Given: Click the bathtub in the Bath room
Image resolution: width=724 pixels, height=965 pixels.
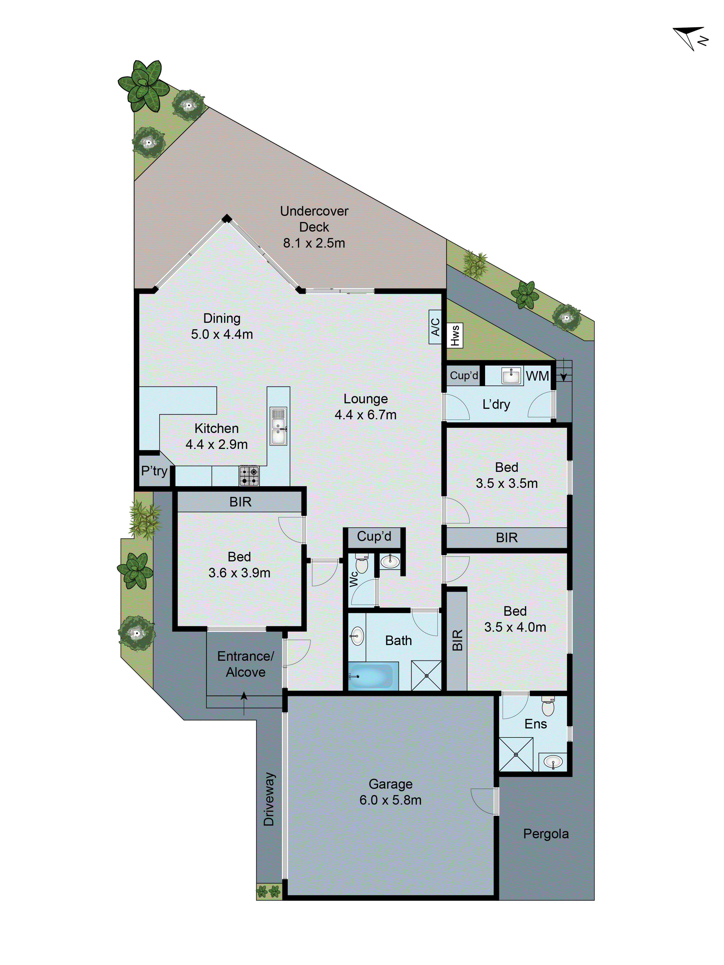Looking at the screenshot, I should pos(373,676).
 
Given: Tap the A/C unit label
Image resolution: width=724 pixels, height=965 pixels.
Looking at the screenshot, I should pos(435,327).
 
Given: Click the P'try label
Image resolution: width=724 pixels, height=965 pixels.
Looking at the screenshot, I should pos(154,471).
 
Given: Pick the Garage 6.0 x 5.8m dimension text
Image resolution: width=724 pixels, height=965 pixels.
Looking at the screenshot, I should pos(390,800).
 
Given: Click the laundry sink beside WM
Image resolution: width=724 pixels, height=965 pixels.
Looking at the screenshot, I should pos(511,376).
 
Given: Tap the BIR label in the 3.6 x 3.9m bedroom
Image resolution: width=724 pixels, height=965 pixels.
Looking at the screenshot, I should pos(240,502).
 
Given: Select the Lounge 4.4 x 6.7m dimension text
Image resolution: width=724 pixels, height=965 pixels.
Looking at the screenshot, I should pos(365,414).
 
